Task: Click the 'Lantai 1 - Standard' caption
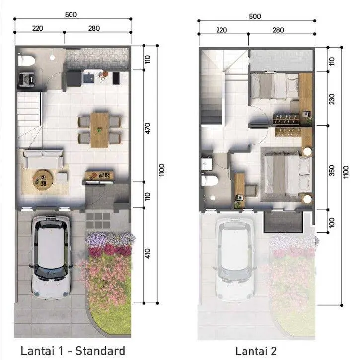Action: pos(73,351)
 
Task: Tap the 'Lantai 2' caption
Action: pos(256,351)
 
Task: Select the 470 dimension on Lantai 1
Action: pos(148,128)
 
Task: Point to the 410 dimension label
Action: pos(148,253)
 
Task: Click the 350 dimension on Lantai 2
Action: pos(332,170)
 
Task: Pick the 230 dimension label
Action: pos(332,99)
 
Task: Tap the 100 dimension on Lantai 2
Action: pos(332,222)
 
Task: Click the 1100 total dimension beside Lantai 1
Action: pos(161,170)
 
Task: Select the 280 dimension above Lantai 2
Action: pos(278,30)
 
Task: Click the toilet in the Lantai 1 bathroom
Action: pos(26,60)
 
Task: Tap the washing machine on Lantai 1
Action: pos(26,79)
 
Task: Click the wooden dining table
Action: pos(99,130)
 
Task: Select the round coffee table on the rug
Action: pos(43,180)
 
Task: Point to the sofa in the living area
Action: pos(43,159)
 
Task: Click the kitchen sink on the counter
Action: pos(89,77)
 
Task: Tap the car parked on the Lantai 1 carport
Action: pos(51,257)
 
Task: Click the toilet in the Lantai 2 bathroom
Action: pos(210,180)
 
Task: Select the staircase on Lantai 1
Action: pos(29,120)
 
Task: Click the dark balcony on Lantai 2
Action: pos(283,221)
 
